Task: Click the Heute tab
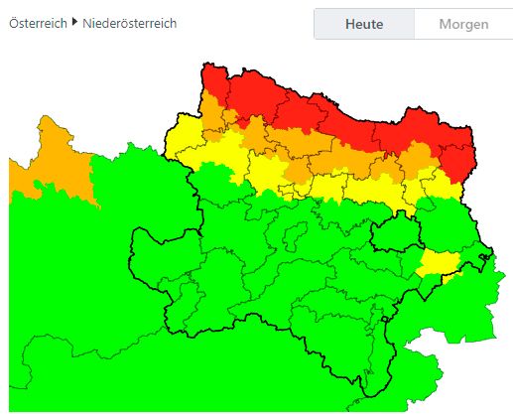tap(364, 24)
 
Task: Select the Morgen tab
tap(463, 24)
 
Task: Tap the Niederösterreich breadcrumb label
tap(130, 23)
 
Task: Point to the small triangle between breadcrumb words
tap(75, 22)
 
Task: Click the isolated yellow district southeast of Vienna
tap(435, 262)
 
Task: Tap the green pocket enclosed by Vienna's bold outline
tap(395, 234)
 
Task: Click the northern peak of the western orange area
tap(44, 118)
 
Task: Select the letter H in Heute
tap(350, 24)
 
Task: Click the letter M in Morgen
tap(445, 24)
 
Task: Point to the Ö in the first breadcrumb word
tap(14, 23)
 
